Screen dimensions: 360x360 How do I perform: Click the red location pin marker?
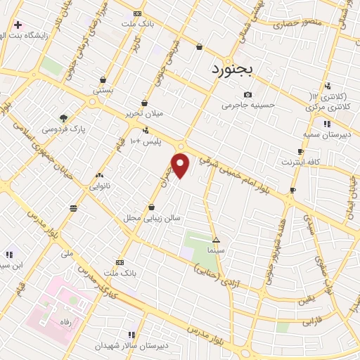[181, 166]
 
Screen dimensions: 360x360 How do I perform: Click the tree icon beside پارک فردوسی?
[64, 117]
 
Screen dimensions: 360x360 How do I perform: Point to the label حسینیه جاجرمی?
[247, 106]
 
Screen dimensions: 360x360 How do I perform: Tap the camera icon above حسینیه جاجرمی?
[247, 95]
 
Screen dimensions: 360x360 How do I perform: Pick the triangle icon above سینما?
[216, 239]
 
